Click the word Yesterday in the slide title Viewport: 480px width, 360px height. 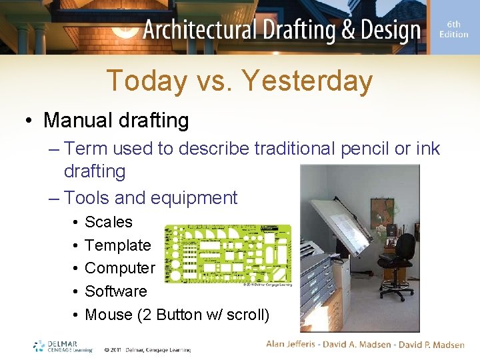[307, 81]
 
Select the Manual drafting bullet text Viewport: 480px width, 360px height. [116, 121]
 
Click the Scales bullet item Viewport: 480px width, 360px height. [109, 222]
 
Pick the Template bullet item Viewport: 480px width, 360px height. [118, 245]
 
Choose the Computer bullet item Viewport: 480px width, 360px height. [120, 268]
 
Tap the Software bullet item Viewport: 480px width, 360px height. [116, 291]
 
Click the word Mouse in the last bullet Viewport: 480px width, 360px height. [109, 315]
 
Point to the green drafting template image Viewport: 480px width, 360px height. [227, 253]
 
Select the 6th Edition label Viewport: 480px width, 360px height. [453, 29]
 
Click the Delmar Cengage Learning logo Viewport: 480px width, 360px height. [63, 346]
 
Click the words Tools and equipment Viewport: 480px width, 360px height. [151, 198]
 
